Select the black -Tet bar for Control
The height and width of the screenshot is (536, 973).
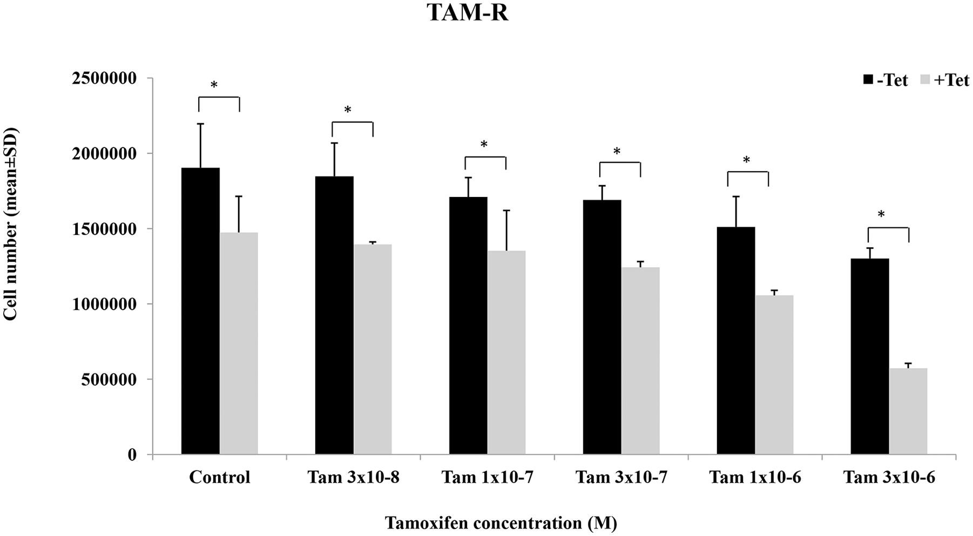(x=200, y=311)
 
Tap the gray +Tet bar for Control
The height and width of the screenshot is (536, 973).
(x=239, y=343)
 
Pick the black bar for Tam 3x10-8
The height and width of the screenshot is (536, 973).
(x=334, y=315)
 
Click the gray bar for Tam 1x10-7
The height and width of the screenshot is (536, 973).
(x=506, y=352)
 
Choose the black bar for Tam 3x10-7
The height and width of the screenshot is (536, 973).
(x=602, y=327)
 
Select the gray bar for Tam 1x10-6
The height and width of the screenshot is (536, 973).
(x=774, y=375)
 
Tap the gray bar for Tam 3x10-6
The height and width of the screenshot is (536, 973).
(x=908, y=411)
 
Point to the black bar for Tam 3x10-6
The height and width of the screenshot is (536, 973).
(x=870, y=356)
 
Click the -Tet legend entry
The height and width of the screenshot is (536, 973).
(x=886, y=80)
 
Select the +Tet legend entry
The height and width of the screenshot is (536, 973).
(x=944, y=80)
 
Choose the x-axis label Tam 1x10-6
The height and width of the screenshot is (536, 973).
(x=755, y=478)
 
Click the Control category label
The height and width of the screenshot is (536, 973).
(x=220, y=478)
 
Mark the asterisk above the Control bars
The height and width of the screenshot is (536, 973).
(x=214, y=85)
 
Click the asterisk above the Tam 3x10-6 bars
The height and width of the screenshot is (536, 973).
(x=881, y=215)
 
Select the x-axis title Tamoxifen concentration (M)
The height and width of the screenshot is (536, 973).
(x=501, y=523)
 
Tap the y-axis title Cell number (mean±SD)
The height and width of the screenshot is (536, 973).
(x=10, y=224)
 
